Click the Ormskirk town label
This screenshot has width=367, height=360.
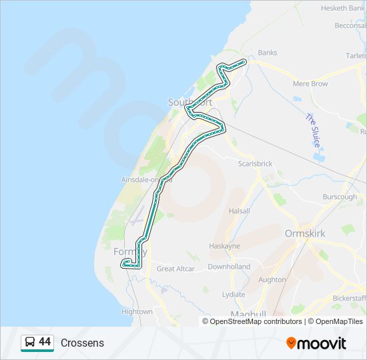(x=306, y=233)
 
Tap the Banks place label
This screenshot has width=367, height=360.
(x=267, y=53)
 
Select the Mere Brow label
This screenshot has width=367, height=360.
(x=310, y=84)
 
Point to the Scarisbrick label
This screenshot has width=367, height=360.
(x=256, y=163)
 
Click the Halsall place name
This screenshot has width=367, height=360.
(x=239, y=211)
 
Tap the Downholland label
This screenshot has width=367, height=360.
(x=228, y=267)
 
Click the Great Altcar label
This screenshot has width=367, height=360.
(x=175, y=269)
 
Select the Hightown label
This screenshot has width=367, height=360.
(x=137, y=311)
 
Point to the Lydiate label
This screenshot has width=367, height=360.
(x=234, y=294)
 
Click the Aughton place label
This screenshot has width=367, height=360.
(x=272, y=280)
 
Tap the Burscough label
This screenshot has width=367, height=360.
(x=339, y=197)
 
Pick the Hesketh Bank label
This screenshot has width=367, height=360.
(x=342, y=8)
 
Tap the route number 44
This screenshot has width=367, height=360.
(x=45, y=342)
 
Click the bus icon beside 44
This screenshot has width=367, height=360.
(x=30, y=343)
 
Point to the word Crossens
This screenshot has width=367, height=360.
(x=82, y=343)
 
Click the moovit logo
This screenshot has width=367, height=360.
(x=316, y=343)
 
